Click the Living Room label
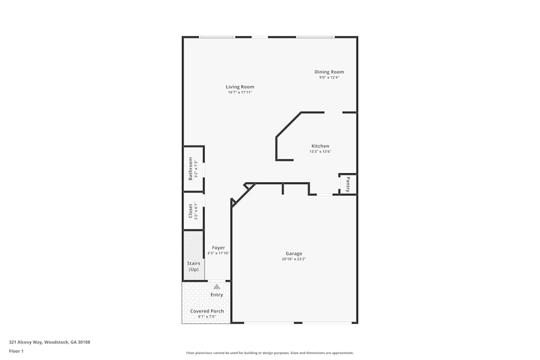tap(240, 87)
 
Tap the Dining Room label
tap(329, 72)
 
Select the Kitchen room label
tap(320, 146)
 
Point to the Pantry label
tap(348, 184)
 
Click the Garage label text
tap(294, 254)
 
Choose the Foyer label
tap(218, 248)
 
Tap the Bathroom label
tap(190, 168)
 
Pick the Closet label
tap(190, 211)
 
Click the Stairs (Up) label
tap(193, 266)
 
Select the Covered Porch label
tap(207, 311)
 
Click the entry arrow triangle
tap(217, 286)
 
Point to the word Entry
tap(217, 295)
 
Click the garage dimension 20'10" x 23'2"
tap(294, 259)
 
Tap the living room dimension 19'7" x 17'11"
tap(240, 92)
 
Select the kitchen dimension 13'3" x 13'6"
tap(320, 152)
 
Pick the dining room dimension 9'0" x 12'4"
tap(329, 77)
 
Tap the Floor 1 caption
tap(16, 351)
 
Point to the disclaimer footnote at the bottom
tap(270, 353)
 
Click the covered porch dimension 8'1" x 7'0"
tap(207, 317)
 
